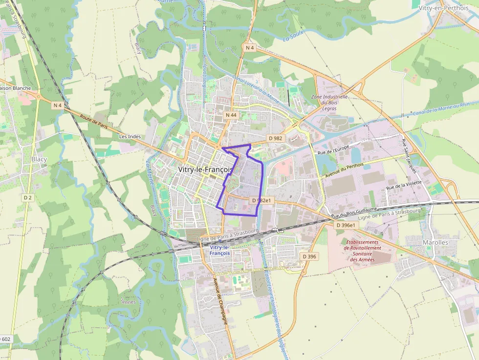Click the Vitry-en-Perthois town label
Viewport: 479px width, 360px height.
443,8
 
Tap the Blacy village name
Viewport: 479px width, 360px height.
39,159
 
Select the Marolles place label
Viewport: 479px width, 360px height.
435,242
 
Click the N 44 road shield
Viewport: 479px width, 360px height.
231,115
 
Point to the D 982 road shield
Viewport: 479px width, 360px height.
276,138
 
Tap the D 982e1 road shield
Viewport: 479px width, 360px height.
261,200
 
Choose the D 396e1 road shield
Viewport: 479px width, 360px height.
347,225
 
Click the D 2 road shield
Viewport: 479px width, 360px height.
27,197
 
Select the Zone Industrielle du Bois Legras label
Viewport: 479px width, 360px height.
329,102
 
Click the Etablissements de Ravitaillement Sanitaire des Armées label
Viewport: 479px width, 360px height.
362,251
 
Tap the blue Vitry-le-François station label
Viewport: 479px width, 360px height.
219,250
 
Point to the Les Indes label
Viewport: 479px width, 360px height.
130,136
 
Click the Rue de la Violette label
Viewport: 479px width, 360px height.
404,184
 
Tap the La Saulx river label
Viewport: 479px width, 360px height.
293,36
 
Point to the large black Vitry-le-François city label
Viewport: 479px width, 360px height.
205,169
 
